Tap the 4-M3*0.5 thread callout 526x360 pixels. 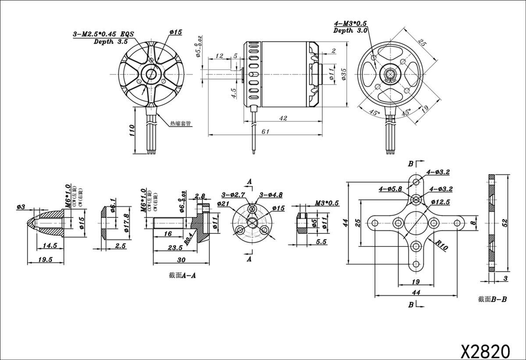point(350,23)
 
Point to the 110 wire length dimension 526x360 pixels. point(131,130)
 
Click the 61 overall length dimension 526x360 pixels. point(265,131)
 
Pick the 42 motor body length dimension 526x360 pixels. point(283,118)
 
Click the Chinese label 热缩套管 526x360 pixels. point(180,124)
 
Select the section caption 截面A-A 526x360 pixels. point(181,275)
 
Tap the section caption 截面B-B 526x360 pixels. point(493,300)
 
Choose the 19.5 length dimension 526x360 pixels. point(45,259)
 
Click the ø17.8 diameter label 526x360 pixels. point(126,218)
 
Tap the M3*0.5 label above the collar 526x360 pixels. point(327,203)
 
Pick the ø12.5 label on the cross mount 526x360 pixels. point(441,202)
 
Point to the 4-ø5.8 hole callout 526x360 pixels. point(390,189)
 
